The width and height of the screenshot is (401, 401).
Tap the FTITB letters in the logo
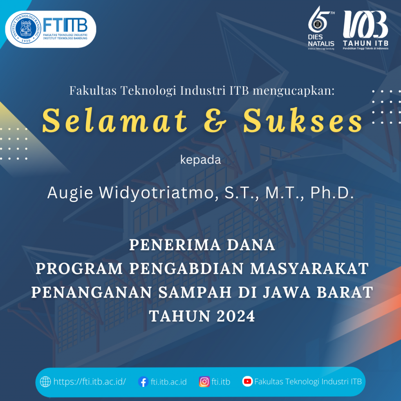[65, 25]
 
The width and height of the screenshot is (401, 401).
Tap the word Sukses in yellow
[302, 120]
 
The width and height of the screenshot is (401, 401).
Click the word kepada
[200, 160]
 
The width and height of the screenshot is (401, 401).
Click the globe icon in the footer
[46, 381]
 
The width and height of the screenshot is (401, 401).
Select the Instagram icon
[204, 381]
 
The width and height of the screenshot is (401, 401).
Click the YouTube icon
[247, 381]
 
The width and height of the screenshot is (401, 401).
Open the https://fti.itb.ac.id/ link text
[90, 381]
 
